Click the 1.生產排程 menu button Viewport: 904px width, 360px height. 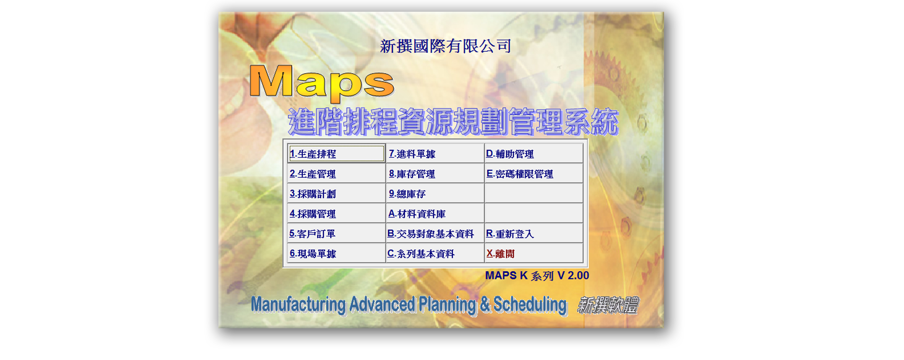point(336,153)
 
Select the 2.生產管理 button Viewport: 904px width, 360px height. point(336,173)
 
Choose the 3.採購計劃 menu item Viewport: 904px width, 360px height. point(336,193)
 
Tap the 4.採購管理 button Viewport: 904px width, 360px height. point(336,213)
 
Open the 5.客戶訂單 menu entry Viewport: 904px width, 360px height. point(336,233)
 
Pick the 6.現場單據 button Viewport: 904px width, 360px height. point(336,253)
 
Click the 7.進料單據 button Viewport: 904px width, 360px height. point(435,153)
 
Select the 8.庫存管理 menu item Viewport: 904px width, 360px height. point(435,173)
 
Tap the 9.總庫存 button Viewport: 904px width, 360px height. point(435,193)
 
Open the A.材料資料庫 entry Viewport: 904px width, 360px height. point(435,213)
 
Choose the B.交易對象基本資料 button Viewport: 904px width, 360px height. point(435,233)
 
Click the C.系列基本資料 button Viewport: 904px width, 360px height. point(435,253)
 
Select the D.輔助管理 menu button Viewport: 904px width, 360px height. point(534,153)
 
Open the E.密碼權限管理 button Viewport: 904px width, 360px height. point(534,173)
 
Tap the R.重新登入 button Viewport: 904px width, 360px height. point(534,233)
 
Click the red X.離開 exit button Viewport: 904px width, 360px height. point(534,253)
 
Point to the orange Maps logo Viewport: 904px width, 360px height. point(322,82)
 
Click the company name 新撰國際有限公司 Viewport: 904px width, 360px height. point(445,46)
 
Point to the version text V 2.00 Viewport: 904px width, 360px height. point(573,275)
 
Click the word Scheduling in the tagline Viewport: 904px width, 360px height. point(530,304)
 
